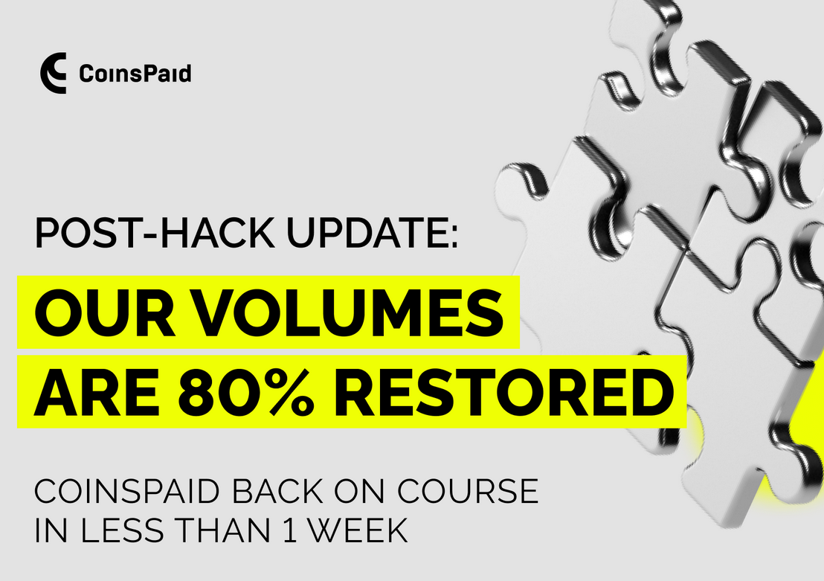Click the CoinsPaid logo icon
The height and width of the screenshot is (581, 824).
tap(53, 73)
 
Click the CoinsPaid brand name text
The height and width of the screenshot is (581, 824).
tap(135, 74)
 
